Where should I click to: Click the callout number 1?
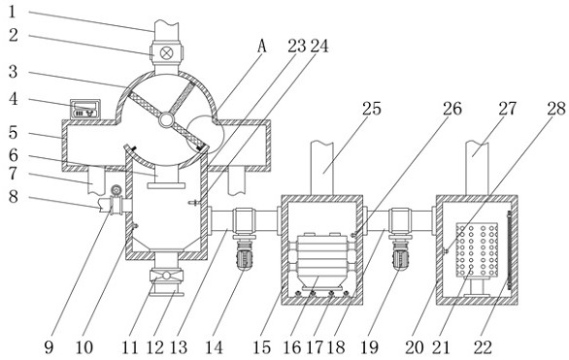[13, 12]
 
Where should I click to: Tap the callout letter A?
[262, 46]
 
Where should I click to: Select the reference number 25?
[372, 109]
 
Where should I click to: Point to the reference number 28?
[556, 109]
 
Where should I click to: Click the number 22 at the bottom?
[483, 347]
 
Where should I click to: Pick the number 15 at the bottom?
[261, 347]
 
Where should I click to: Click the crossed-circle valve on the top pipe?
[167, 53]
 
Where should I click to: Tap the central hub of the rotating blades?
[166, 120]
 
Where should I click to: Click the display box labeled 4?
[84, 109]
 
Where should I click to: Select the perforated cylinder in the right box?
[477, 249]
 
